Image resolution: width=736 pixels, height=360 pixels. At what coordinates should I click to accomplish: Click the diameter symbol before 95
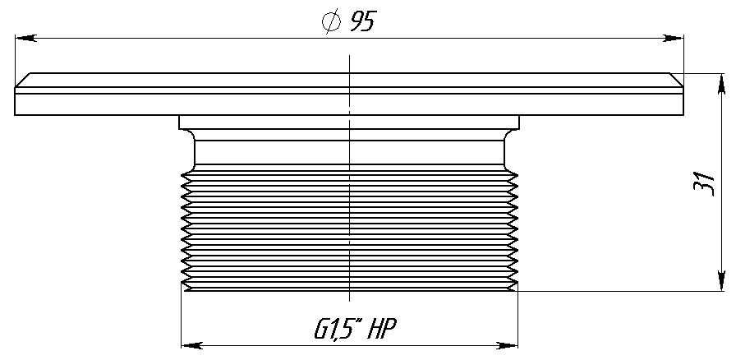tap(331, 21)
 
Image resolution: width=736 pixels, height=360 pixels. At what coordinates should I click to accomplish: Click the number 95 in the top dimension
tap(363, 21)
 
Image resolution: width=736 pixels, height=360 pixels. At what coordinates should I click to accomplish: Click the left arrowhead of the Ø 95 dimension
tap(25, 38)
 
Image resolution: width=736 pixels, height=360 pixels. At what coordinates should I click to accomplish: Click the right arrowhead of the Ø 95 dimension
tap(673, 38)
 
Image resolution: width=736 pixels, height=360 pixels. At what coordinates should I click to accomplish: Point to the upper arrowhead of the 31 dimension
tap(722, 84)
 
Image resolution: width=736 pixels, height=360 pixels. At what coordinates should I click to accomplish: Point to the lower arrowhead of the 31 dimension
tap(722, 280)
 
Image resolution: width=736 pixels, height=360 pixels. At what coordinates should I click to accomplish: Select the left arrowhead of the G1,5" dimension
tap(192, 345)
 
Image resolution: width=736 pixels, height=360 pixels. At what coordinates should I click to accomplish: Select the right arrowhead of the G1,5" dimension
tap(507, 345)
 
